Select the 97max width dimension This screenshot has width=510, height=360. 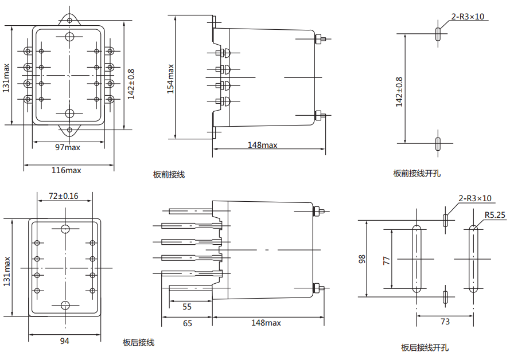(x=67, y=147)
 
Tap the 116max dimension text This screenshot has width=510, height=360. (x=67, y=170)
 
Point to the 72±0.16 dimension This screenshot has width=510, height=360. (x=63, y=196)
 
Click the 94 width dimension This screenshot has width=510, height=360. (x=64, y=341)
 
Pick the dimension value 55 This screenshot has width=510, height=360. (x=187, y=307)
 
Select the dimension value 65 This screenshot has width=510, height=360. (x=187, y=323)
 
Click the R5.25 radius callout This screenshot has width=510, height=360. (x=495, y=216)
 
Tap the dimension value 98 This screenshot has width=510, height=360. (x=362, y=259)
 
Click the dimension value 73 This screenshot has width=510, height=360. (x=445, y=322)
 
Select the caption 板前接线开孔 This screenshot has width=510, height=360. (x=416, y=173)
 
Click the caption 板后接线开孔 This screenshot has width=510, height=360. (x=425, y=347)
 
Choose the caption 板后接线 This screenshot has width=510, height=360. (x=138, y=343)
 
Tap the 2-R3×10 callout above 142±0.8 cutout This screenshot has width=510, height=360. (x=470, y=17)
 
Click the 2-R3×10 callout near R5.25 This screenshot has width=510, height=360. (x=475, y=198)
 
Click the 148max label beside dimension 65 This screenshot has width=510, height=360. (x=266, y=323)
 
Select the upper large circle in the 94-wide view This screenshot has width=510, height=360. (x=65, y=229)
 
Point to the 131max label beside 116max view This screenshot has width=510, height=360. (x=6, y=78)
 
